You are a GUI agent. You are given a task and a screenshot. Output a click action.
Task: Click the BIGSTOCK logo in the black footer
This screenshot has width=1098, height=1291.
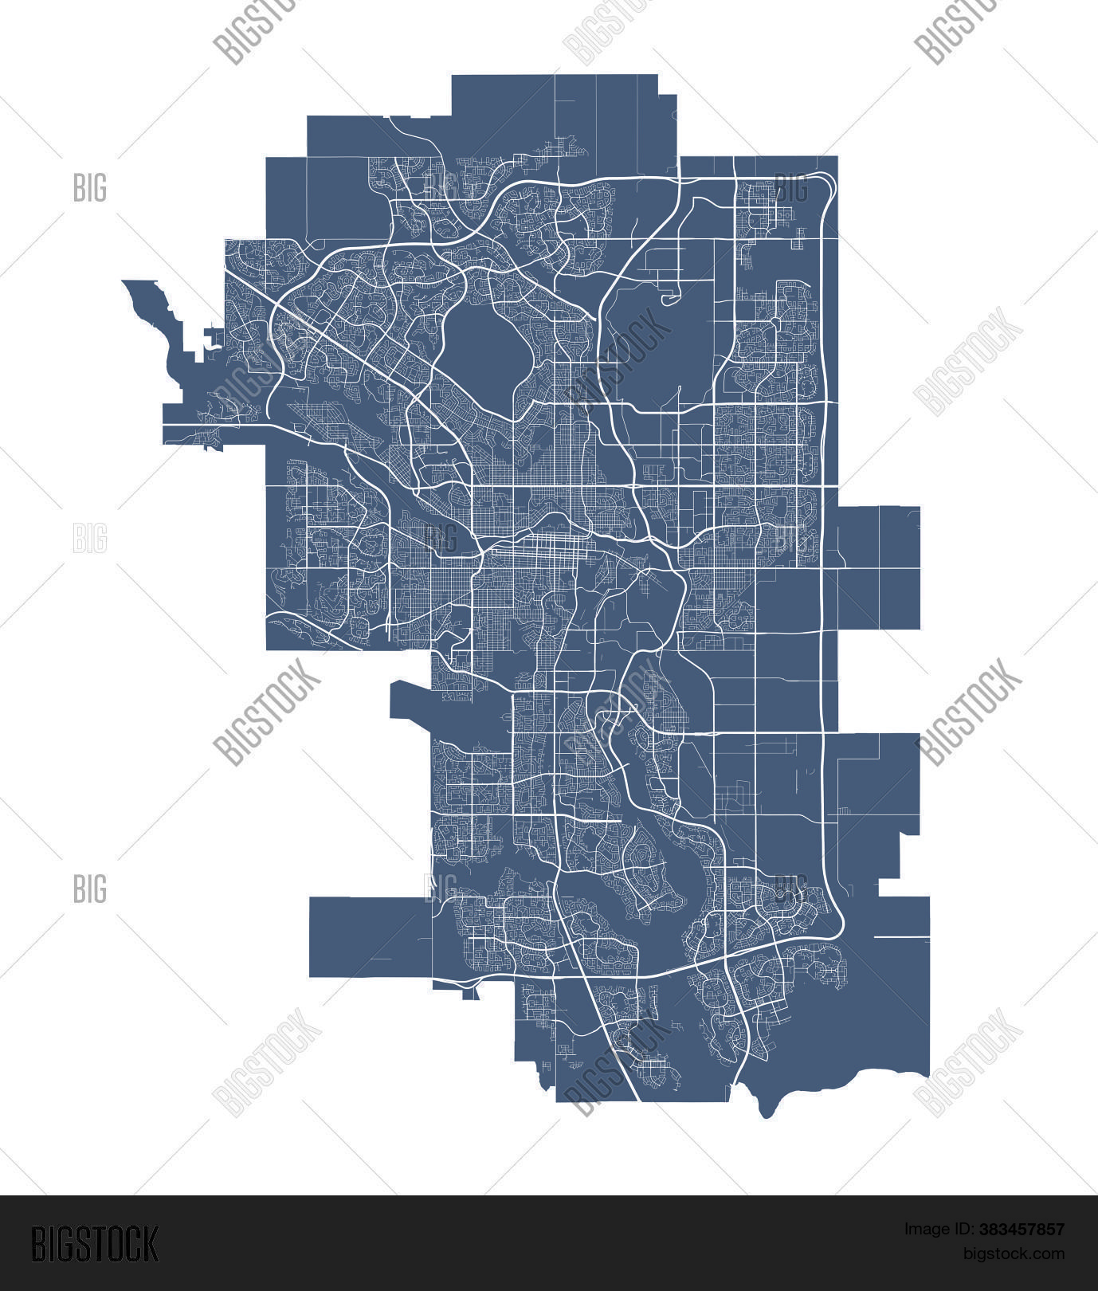pos(95,1244)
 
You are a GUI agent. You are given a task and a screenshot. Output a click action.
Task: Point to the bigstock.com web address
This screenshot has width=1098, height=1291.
pos(1014,1254)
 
